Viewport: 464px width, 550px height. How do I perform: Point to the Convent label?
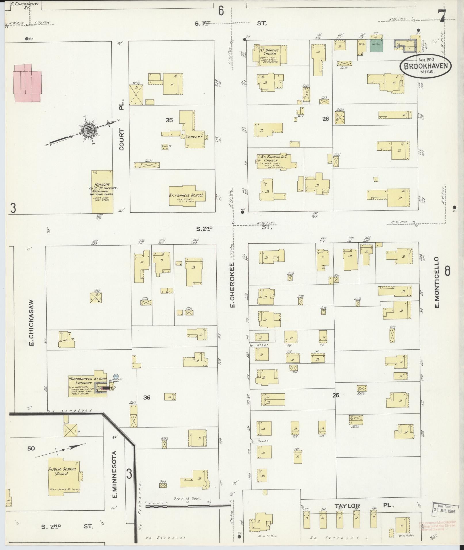(x=194, y=137)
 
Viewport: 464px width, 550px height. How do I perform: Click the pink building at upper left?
(x=26, y=83)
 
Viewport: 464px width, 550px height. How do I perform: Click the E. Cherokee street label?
(x=232, y=284)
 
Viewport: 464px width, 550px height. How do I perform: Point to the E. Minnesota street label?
(x=114, y=474)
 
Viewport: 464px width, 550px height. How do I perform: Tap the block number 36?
(x=147, y=398)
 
